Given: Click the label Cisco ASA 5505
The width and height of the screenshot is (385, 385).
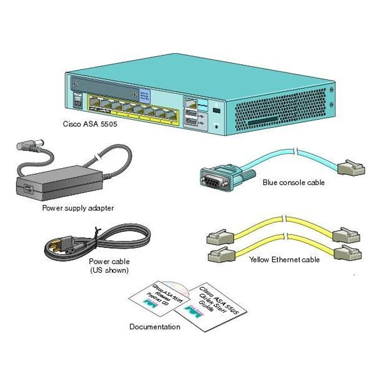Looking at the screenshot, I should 90,125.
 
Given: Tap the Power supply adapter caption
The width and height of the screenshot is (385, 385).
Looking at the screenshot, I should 78,208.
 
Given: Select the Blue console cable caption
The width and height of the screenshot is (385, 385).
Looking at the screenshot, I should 293,183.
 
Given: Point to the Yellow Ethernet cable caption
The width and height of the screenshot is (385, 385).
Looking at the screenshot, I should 284,259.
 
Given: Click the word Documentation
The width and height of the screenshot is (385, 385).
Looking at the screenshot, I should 154,327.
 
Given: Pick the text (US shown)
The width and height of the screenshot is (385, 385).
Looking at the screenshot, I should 109,270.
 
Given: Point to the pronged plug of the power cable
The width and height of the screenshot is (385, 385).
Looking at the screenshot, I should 56,246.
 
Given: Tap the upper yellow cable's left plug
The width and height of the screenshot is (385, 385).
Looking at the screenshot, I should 217,237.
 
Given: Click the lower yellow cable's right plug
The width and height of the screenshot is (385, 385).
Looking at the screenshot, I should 348,253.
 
